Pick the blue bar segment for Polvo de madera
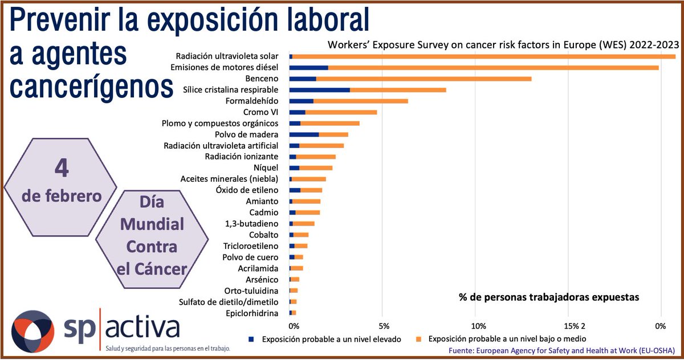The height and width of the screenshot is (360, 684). [304, 134]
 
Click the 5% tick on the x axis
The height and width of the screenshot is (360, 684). [384, 326]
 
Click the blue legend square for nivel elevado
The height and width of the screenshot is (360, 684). [251, 339]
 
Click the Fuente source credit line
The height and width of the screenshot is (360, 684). [562, 350]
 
